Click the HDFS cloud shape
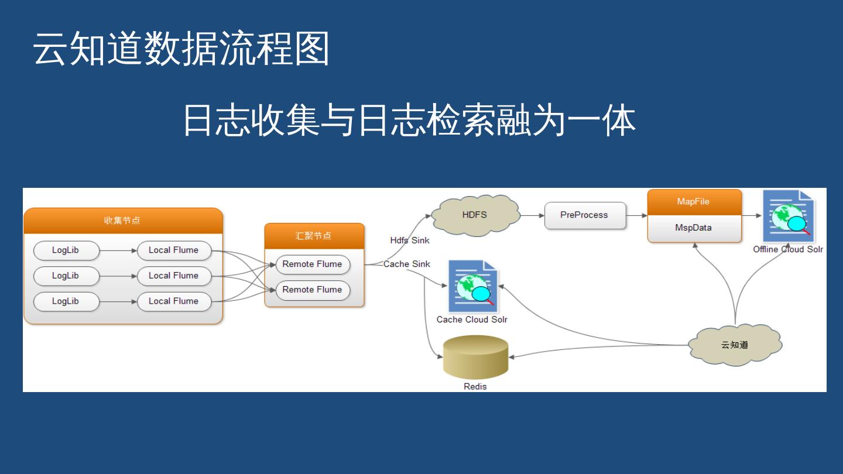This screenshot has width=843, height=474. pyautogui.click(x=475, y=215)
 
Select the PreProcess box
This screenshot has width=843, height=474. pyautogui.click(x=584, y=215)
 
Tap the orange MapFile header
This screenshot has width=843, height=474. pyautogui.click(x=694, y=202)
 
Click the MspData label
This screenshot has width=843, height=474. pyautogui.click(x=694, y=228)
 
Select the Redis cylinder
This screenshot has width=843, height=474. pyautogui.click(x=475, y=357)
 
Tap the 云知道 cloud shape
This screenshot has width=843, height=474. pyautogui.click(x=735, y=345)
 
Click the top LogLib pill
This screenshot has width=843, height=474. pyautogui.click(x=66, y=250)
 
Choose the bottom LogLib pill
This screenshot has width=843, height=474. pyautogui.click(x=66, y=301)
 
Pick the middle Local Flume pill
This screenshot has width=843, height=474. pyautogui.click(x=174, y=276)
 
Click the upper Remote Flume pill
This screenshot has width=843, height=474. pyautogui.click(x=312, y=265)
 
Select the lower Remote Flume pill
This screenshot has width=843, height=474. pyautogui.click(x=312, y=290)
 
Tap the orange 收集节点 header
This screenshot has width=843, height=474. pyautogui.click(x=123, y=221)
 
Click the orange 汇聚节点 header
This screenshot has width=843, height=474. pyautogui.click(x=314, y=236)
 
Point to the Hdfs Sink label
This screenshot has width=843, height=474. pyautogui.click(x=410, y=241)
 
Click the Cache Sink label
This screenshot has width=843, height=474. pyautogui.click(x=407, y=264)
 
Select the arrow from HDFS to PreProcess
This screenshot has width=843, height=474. pyautogui.click(x=532, y=215)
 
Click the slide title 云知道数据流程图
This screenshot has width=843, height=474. pyautogui.click(x=181, y=49)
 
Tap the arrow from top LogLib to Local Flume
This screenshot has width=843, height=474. pyautogui.click(x=118, y=250)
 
